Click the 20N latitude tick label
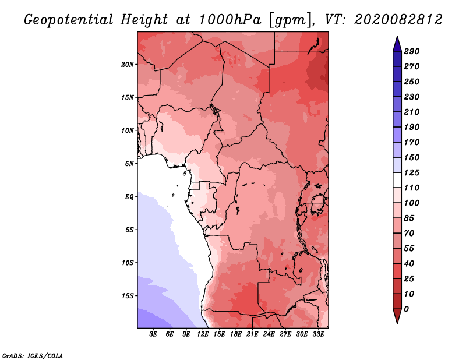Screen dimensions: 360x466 [x=128, y=64]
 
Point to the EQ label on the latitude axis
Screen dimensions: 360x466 [x=129, y=196]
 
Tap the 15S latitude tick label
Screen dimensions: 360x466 [x=128, y=295]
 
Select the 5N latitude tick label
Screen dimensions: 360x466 [x=129, y=163]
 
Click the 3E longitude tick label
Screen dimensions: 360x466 [x=154, y=334]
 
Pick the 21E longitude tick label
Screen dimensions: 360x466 [x=252, y=334]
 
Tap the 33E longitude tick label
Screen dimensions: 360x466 [x=318, y=334]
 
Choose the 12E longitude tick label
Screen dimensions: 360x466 [x=203, y=334]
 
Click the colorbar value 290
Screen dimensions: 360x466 [x=412, y=51]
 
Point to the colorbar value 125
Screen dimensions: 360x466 [x=412, y=172]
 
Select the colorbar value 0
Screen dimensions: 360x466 [x=406, y=309]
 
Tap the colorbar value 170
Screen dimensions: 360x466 [x=412, y=142]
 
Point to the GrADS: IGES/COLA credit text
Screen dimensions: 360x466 [x=32, y=355]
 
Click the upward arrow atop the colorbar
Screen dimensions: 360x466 [x=396, y=43]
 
